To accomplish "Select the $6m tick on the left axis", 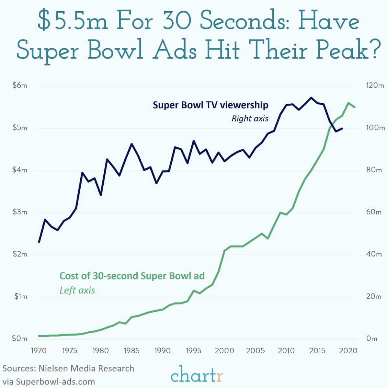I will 19,86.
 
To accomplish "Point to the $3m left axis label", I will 19,212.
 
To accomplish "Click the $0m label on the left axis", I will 19,338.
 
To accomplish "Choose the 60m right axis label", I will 374,212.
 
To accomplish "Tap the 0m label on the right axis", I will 372,338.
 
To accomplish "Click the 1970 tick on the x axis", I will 39,350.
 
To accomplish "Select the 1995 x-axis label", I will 193,350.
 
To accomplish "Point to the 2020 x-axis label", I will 348,350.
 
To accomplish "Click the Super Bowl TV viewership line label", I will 210,105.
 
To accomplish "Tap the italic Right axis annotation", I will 250,119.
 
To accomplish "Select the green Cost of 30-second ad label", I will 132,276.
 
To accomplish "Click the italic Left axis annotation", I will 77,290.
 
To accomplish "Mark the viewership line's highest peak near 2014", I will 311,97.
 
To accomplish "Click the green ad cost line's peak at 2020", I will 348,103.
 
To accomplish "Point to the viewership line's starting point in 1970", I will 39,242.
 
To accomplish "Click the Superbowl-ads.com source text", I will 49,381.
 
